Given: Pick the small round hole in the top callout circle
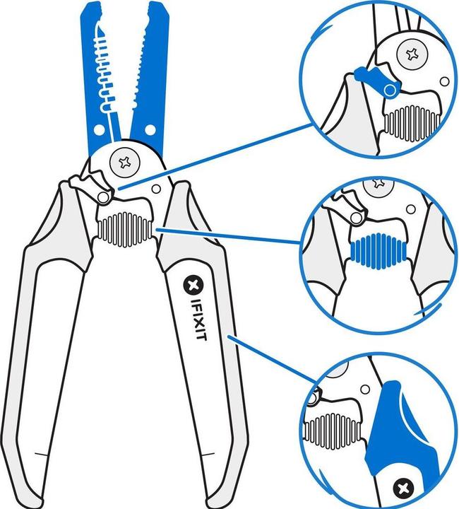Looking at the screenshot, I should click(443, 82).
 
